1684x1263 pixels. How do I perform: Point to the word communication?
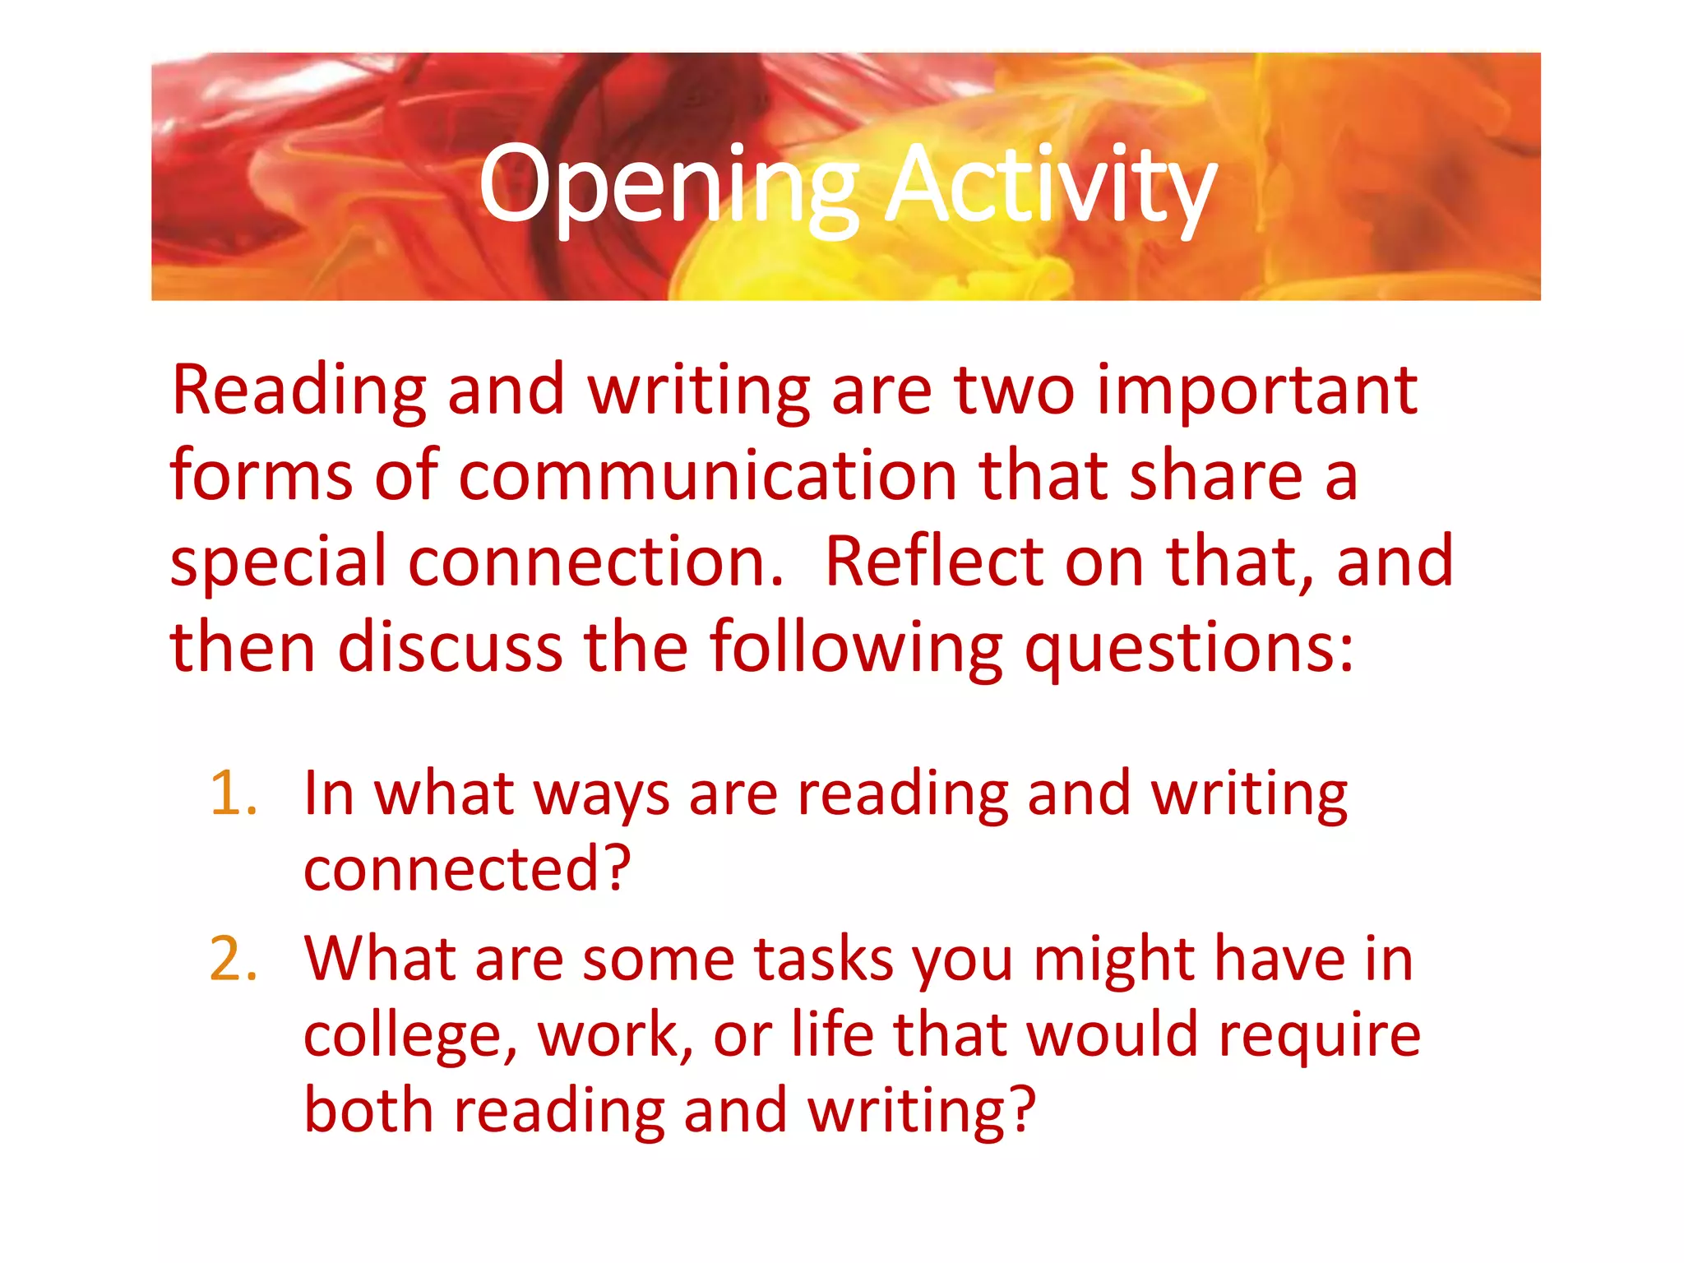pyautogui.click(x=707, y=477)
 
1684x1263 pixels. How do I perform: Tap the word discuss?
pyautogui.click(x=450, y=648)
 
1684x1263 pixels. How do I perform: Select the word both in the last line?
pyautogui.click(x=368, y=1110)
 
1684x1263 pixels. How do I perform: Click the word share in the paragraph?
pyautogui.click(x=1216, y=477)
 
